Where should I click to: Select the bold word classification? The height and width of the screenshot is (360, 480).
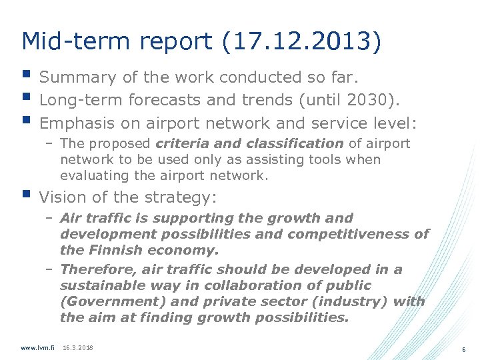pyautogui.click(x=295, y=143)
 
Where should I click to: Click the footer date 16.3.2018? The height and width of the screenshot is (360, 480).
pyautogui.click(x=78, y=348)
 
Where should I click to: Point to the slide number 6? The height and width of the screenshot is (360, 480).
pyautogui.click(x=463, y=349)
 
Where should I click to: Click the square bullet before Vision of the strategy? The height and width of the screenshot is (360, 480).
pyautogui.click(x=26, y=195)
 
